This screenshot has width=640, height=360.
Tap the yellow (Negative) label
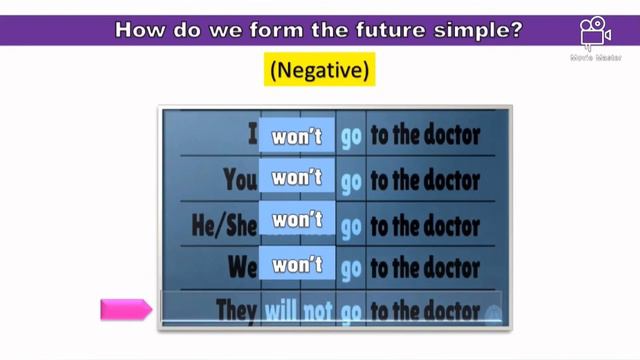tap(319, 71)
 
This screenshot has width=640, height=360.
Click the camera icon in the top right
tap(596, 34)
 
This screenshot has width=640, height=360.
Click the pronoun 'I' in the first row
tap(252, 134)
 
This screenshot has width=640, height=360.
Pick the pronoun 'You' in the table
tap(240, 179)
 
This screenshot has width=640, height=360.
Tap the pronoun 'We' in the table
tap(241, 267)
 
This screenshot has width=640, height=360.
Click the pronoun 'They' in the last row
tap(236, 311)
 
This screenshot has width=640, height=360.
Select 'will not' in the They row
tap(298, 311)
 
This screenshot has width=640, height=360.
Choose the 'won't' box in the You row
tap(297, 179)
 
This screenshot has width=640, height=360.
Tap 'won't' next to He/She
tap(297, 222)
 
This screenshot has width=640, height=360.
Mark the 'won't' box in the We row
tap(297, 266)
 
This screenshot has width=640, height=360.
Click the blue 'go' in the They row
tap(350, 312)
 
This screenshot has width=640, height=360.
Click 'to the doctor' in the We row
tap(425, 267)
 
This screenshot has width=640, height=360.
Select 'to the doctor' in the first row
tap(425, 134)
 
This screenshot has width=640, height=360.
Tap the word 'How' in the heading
tap(139, 29)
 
